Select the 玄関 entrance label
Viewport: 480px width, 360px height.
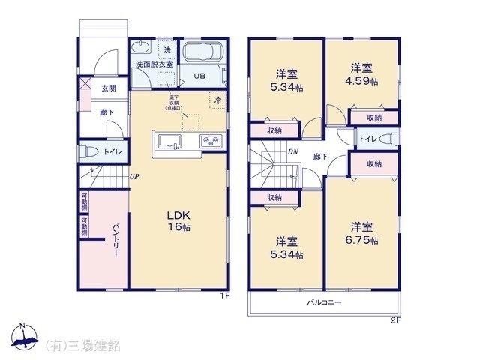tap(109, 88)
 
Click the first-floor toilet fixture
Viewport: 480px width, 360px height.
tap(88, 152)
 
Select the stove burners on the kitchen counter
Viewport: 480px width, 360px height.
tap(208, 141)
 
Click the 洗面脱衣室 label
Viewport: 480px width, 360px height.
tap(154, 65)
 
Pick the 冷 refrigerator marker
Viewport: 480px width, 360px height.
tap(217, 98)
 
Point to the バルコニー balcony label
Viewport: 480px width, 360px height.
tap(324, 302)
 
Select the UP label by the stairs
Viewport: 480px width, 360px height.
tap(133, 177)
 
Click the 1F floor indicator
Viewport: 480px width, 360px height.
tap(223, 295)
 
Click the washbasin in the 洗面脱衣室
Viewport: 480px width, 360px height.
tap(139, 48)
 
